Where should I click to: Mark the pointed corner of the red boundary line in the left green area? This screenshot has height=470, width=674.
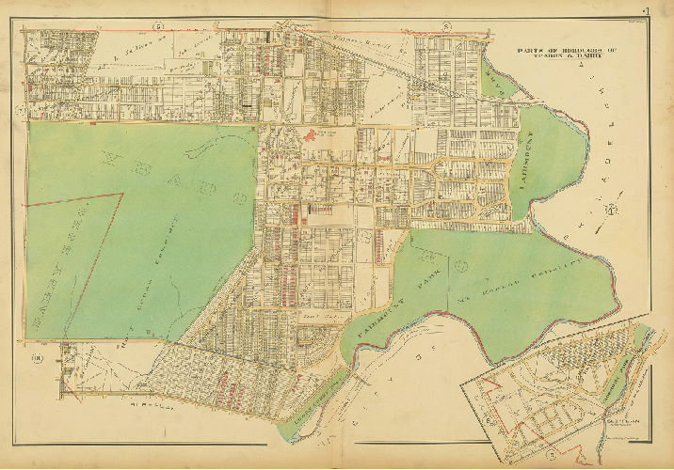pyautogui.click(x=122, y=195)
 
